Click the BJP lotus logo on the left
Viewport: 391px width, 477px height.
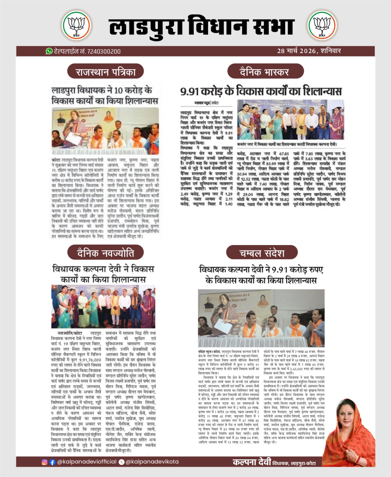coord(76,26)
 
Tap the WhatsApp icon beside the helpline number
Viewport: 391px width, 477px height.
coord(49,51)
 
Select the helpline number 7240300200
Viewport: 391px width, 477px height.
coord(104,52)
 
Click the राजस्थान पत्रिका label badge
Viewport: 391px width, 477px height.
coord(105,72)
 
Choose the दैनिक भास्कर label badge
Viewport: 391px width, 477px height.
coord(265,72)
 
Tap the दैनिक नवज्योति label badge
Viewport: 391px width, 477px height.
coord(105,253)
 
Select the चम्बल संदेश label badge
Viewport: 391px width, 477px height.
coord(262,253)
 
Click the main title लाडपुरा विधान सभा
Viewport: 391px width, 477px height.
coord(201,27)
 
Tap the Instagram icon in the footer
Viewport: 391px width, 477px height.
coord(45,462)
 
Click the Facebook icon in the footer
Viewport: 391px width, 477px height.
coord(52,462)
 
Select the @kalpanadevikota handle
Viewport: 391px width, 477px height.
coord(152,462)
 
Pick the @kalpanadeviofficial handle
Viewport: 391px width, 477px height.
coord(87,462)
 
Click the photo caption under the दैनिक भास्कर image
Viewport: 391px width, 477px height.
coord(287,145)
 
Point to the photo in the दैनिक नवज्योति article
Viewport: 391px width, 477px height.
coord(103,306)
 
